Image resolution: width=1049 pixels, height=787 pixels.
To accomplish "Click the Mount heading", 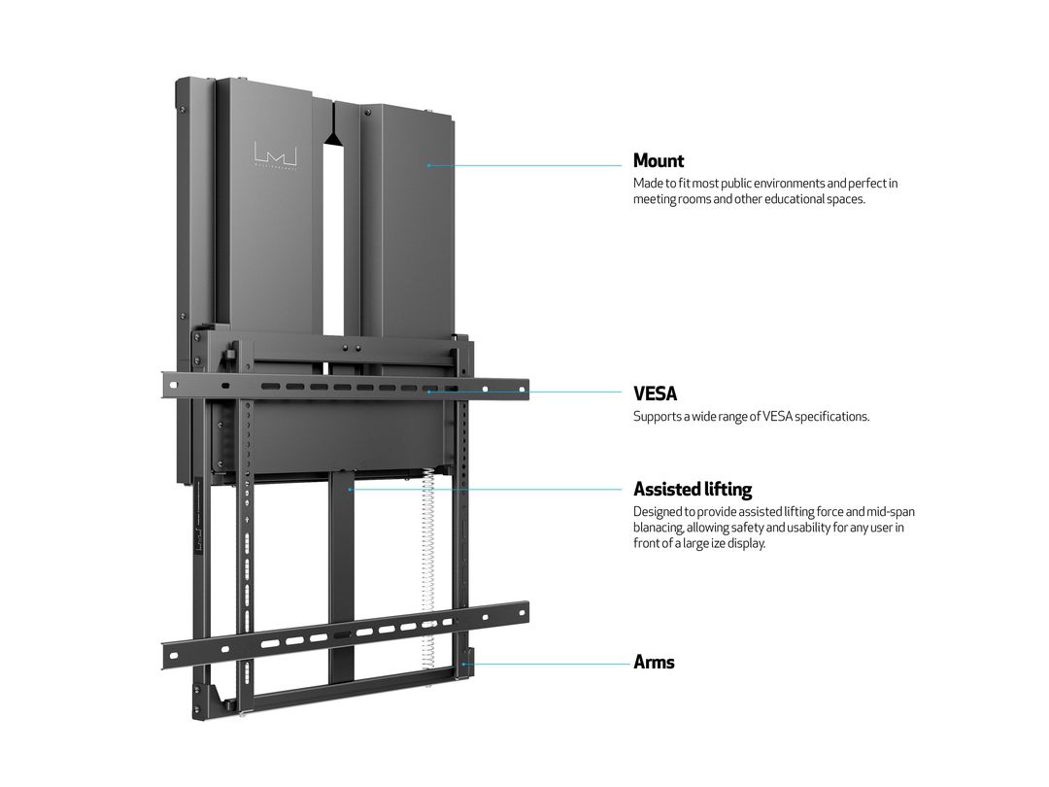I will click(x=659, y=160).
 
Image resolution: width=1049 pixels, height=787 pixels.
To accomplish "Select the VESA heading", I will click(x=655, y=393).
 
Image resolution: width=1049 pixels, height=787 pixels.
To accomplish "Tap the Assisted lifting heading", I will click(x=693, y=489).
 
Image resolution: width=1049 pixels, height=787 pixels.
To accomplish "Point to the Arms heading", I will click(x=654, y=662).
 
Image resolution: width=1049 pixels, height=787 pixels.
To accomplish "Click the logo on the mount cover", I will click(x=275, y=155).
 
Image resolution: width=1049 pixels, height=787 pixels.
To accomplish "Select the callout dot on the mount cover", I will click(x=428, y=165).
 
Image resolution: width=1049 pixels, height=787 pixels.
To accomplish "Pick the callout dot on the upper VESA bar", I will click(x=428, y=393).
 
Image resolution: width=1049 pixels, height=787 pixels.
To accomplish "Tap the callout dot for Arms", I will click(x=467, y=665).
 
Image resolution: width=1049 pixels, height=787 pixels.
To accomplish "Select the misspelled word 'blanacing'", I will click(x=660, y=527).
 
